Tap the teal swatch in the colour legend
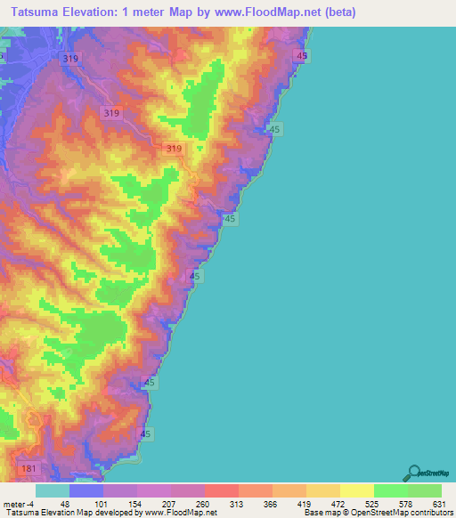pos(53,491)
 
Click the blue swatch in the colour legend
pos(86,491)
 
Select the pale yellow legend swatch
pos(357,491)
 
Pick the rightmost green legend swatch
pos(425,491)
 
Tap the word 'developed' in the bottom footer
pos(111,512)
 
